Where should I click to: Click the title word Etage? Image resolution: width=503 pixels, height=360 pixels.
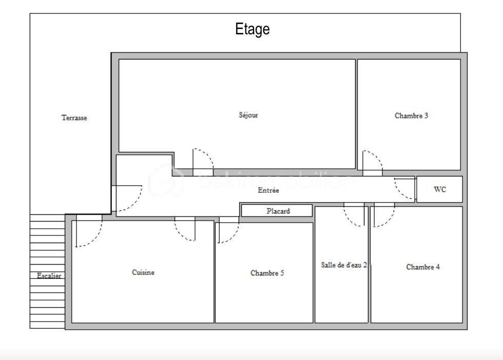click(x=252, y=29)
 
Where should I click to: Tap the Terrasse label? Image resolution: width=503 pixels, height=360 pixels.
click(x=74, y=118)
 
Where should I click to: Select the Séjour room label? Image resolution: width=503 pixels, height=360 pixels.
click(x=248, y=115)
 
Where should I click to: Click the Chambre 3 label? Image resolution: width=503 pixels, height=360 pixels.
click(x=411, y=116)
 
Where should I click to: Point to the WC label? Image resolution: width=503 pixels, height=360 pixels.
click(x=440, y=189)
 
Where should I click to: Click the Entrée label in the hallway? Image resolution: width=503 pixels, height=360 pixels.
click(x=268, y=190)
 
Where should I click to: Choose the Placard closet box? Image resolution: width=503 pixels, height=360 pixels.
click(x=277, y=211)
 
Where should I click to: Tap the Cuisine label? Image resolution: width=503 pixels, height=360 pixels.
click(x=143, y=273)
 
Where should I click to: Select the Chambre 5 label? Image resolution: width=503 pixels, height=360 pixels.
click(x=267, y=273)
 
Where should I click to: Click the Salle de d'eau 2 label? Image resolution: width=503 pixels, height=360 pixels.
click(x=344, y=265)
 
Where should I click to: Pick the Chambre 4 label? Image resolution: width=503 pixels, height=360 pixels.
click(x=422, y=267)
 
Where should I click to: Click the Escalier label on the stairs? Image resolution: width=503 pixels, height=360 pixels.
click(x=49, y=276)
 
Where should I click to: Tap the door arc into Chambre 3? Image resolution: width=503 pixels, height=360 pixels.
click(x=373, y=162)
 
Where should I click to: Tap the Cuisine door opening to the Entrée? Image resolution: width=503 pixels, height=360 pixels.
click(x=185, y=229)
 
